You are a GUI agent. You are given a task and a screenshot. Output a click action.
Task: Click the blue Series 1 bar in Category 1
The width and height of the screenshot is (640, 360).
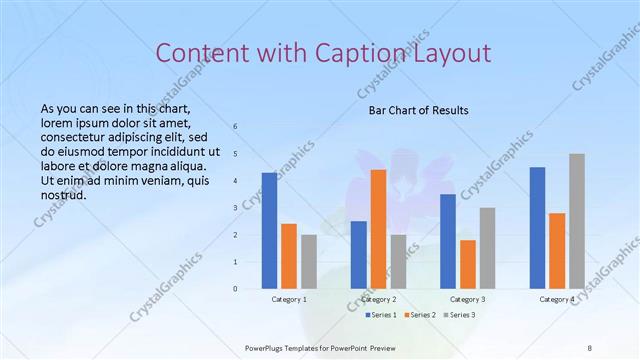pyautogui.click(x=269, y=231)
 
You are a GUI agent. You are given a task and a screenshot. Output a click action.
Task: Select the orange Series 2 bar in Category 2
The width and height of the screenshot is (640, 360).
pyautogui.click(x=379, y=229)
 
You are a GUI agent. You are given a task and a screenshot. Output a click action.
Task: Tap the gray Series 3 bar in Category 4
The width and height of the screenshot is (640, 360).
pyautogui.click(x=577, y=221)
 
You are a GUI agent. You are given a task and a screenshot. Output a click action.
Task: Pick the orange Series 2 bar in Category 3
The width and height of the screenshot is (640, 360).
pyautogui.click(x=468, y=264)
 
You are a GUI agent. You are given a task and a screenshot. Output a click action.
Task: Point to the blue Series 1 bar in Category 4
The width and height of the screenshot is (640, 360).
pyautogui.click(x=537, y=228)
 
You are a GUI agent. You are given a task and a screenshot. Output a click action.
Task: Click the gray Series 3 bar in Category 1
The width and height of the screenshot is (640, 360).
pyautogui.click(x=309, y=262)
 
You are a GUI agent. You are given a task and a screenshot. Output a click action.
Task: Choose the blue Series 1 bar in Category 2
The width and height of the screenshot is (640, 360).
pyautogui.click(x=359, y=255)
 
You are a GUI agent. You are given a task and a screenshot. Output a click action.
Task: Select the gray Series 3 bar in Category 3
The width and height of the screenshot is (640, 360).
pyautogui.click(x=487, y=248)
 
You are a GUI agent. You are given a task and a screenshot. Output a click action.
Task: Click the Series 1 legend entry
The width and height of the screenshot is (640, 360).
pyautogui.click(x=381, y=315)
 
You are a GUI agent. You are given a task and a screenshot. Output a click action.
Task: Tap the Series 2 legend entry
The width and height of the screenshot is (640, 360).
pyautogui.click(x=420, y=315)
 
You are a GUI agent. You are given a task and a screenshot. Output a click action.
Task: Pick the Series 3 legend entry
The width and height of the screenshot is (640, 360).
pyautogui.click(x=459, y=315)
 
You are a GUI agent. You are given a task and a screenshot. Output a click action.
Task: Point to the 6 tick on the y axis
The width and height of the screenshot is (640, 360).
pyautogui.click(x=235, y=127)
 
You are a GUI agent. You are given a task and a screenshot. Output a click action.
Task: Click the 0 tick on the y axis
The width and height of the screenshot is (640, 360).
pyautogui.click(x=235, y=289)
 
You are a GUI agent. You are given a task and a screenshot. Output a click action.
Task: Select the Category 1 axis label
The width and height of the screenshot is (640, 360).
pyautogui.click(x=289, y=299)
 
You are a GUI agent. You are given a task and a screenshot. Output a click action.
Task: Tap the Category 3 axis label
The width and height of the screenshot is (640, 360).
pyautogui.click(x=468, y=299)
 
